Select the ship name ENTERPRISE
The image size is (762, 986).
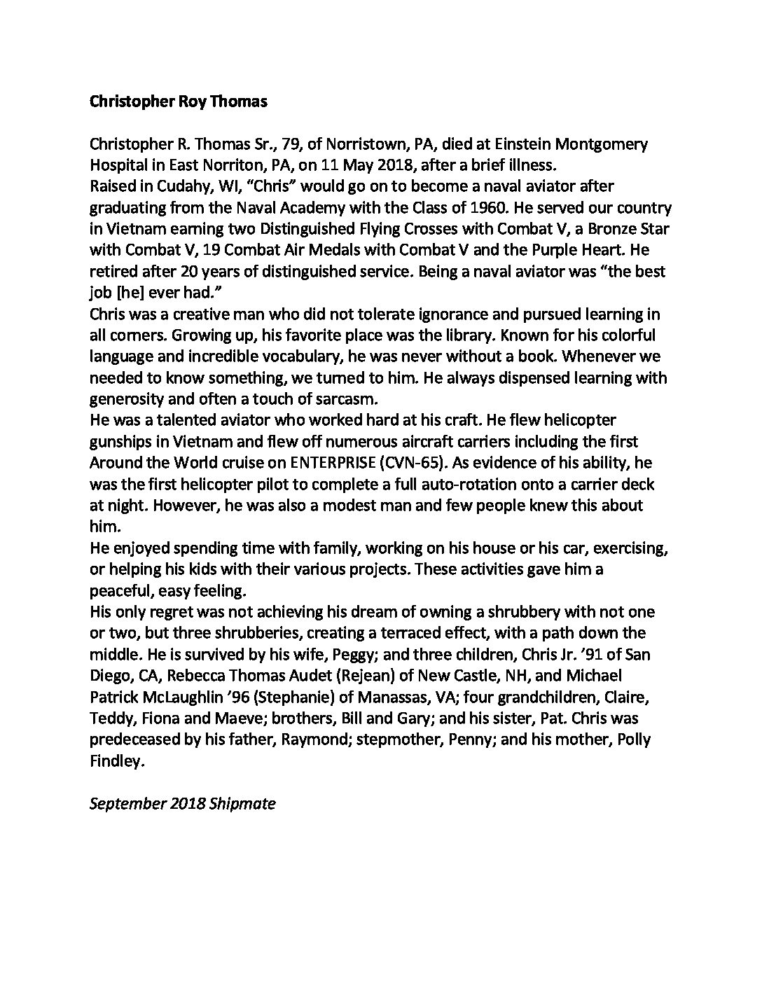click(x=330, y=463)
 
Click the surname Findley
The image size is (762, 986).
click(x=116, y=761)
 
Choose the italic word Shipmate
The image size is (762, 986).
click(x=242, y=803)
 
